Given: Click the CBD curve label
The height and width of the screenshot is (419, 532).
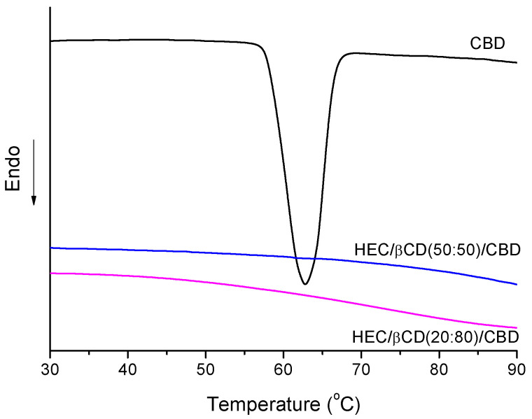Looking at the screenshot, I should tap(487, 43).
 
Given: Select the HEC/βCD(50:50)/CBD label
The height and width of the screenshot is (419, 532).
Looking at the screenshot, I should tap(437, 249).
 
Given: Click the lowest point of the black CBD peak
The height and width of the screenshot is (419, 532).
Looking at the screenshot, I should tap(304, 285).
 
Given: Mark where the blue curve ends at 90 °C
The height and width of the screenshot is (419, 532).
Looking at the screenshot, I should tap(517, 285).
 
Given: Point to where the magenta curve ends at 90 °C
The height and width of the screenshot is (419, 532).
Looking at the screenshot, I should tap(517, 327).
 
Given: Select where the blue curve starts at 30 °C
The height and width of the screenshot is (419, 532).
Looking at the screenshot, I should tap(51, 248).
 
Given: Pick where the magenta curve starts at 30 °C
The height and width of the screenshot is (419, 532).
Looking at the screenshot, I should tap(51, 273).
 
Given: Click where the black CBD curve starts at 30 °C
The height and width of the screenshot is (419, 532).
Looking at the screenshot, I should tap(51, 41).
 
